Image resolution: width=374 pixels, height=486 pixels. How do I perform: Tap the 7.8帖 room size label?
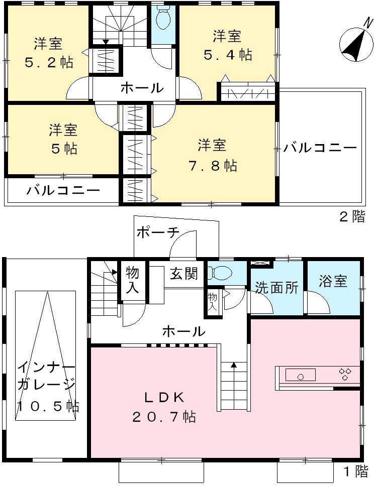click(x=217, y=165)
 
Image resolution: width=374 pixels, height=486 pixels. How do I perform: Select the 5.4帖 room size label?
click(x=228, y=55)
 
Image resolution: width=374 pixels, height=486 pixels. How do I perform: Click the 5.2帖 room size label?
click(x=49, y=62)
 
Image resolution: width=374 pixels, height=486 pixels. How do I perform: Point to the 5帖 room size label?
click(x=63, y=149)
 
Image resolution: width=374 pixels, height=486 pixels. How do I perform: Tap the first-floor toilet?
click(x=220, y=273)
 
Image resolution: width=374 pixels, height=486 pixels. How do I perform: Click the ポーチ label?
click(x=157, y=232)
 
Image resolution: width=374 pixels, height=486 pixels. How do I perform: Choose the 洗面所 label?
click(x=276, y=288)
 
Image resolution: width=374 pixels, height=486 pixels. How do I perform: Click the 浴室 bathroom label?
click(x=333, y=281)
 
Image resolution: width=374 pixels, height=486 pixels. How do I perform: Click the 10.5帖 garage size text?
click(x=48, y=406)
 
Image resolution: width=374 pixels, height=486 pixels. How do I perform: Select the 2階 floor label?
click(x=351, y=217)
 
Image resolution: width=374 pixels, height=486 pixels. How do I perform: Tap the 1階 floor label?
click(x=355, y=472)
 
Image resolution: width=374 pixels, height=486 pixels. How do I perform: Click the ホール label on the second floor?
click(x=141, y=88)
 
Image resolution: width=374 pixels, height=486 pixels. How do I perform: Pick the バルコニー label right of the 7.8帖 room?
click(x=319, y=148)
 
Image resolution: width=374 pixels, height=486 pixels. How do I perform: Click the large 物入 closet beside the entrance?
click(x=133, y=280)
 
